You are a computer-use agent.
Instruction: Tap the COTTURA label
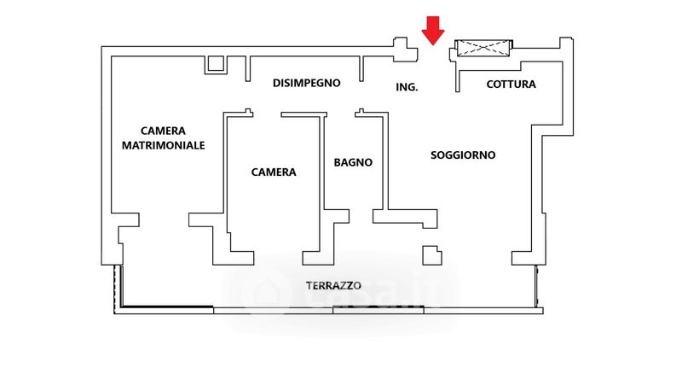coord(511,84)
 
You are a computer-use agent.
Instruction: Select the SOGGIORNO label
coord(463,155)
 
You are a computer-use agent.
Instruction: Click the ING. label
coord(407,87)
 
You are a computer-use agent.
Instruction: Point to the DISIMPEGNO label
coord(307,83)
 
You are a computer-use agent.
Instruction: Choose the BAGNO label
coord(353,161)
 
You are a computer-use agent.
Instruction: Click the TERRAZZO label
coord(334,284)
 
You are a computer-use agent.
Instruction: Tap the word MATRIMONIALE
coord(163,145)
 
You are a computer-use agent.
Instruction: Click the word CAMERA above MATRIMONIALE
coord(163,131)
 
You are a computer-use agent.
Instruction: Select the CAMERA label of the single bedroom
coord(274,172)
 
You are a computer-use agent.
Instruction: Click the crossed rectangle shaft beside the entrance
coord(484,49)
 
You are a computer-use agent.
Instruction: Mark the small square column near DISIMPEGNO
coord(215,64)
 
